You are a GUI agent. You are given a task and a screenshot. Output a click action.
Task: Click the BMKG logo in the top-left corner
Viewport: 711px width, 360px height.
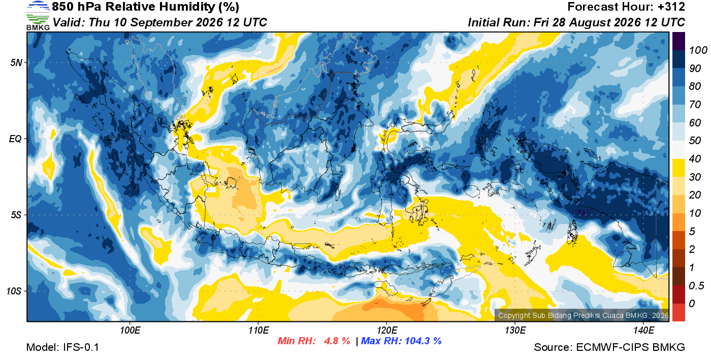(x=38, y=16)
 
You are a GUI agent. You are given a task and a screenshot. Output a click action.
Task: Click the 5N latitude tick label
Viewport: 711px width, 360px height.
(x=16, y=62)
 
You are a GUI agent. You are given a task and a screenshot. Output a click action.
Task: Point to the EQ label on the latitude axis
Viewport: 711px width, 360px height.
(x=15, y=139)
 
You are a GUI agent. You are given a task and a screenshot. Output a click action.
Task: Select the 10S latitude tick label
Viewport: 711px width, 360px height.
(x=14, y=291)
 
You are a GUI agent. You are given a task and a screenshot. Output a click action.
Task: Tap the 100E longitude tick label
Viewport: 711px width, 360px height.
(x=130, y=331)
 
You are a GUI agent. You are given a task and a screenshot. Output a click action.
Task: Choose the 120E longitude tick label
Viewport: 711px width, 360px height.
(x=386, y=331)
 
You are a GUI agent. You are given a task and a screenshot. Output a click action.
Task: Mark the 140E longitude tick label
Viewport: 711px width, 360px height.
(x=643, y=331)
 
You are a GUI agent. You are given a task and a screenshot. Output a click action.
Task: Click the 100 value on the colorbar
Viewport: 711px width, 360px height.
(x=698, y=50)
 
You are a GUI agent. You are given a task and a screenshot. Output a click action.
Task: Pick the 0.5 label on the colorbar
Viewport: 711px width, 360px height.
(x=696, y=286)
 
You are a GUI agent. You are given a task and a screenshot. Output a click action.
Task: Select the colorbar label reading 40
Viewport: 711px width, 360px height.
(x=695, y=159)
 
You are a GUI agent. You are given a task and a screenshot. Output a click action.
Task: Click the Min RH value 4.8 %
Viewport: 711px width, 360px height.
(x=337, y=341)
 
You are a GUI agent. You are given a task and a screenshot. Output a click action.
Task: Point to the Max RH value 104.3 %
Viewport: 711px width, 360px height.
(x=423, y=341)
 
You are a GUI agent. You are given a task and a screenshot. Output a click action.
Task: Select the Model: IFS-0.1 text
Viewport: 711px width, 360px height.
(x=62, y=347)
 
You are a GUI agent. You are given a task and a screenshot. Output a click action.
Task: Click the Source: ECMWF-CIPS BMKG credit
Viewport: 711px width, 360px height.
(x=609, y=347)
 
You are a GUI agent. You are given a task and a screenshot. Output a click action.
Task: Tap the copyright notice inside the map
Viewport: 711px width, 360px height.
(x=583, y=315)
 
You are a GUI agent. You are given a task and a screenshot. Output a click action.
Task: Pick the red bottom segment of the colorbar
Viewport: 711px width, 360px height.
(x=678, y=312)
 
